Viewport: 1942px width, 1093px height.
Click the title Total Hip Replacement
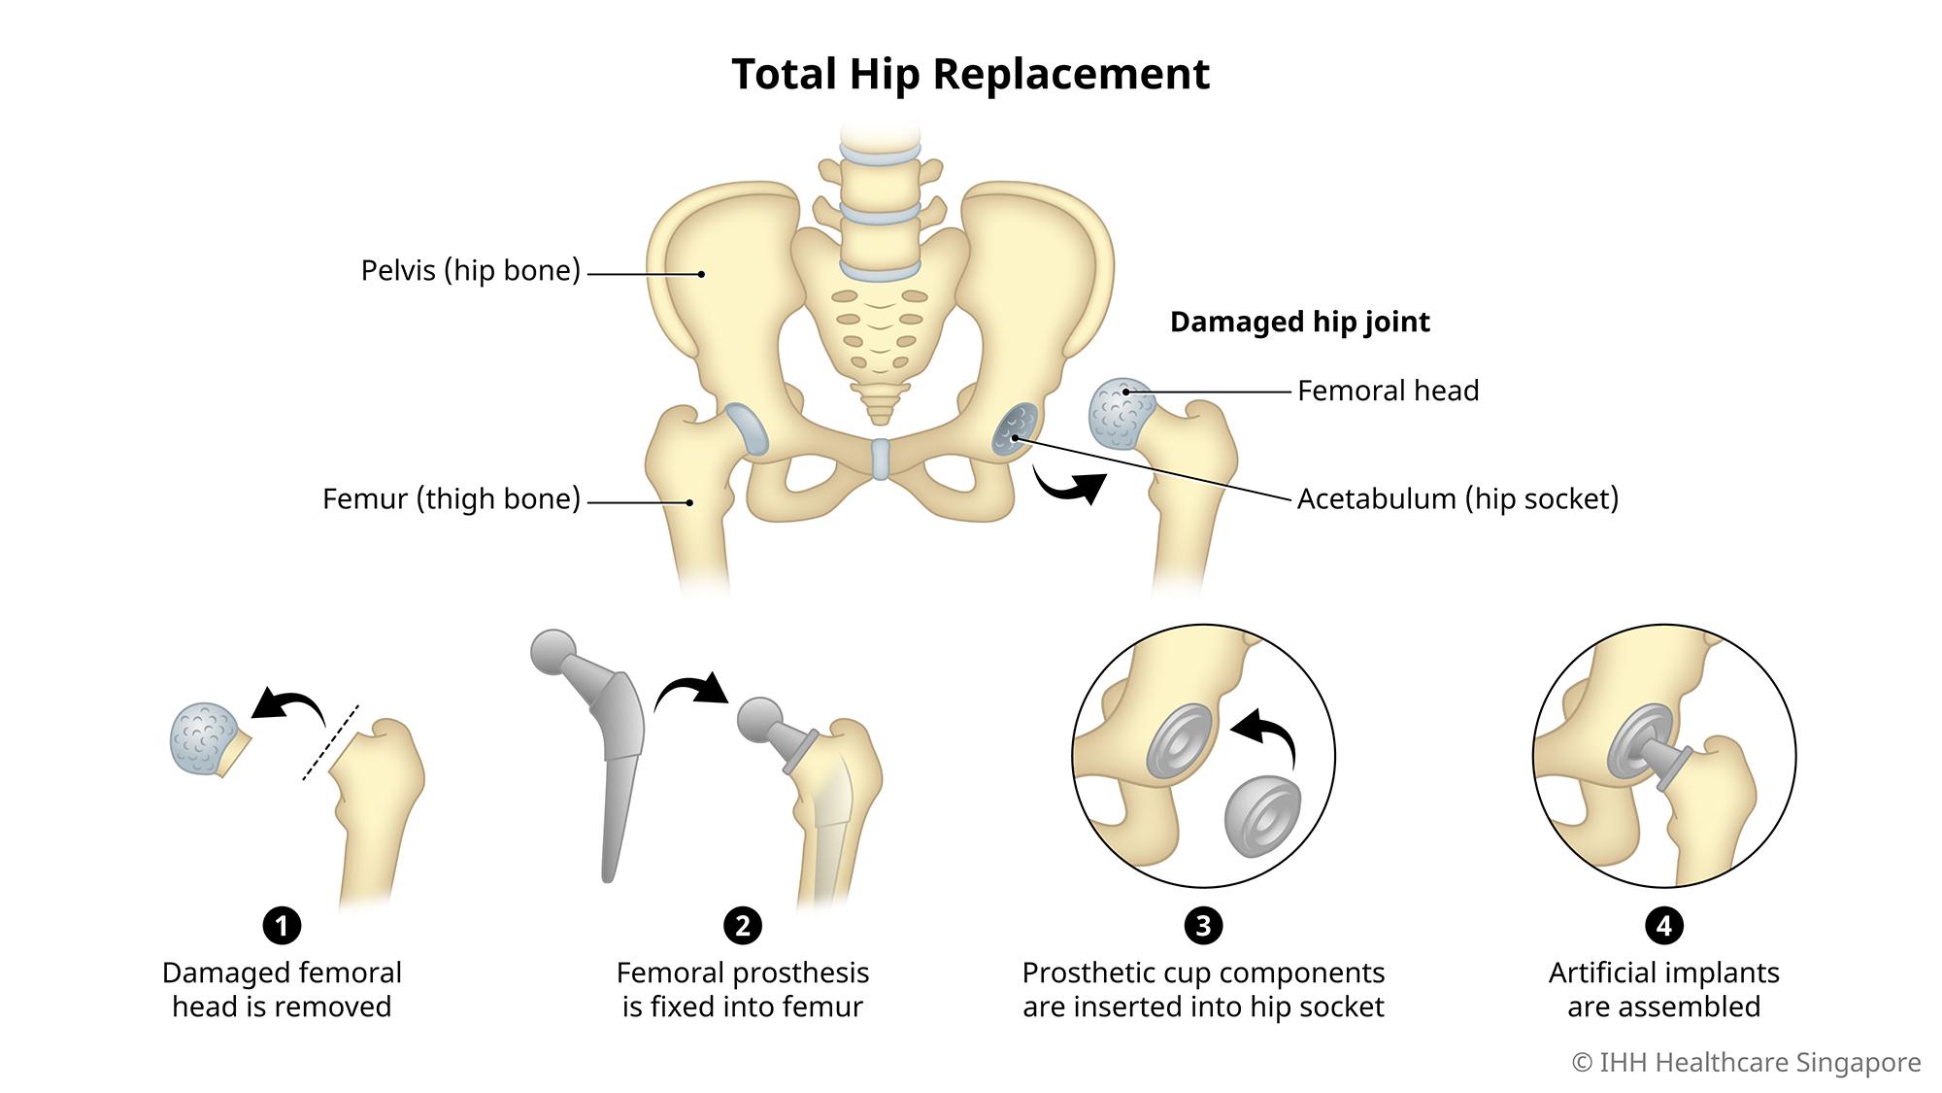coord(970,74)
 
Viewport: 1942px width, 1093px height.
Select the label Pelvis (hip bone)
coord(470,270)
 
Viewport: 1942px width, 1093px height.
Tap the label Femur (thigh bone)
coord(451,498)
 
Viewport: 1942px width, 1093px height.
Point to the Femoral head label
coord(1388,391)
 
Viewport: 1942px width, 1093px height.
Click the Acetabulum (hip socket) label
coord(1457,498)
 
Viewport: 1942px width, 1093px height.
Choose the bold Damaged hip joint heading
coord(1299,322)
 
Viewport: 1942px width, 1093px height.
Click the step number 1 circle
coord(282,925)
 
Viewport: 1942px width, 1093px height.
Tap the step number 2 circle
coord(743,925)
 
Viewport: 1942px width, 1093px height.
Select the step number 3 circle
coord(1203,925)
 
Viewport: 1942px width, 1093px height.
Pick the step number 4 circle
coord(1663,925)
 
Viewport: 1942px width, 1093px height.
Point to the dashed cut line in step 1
coord(330,742)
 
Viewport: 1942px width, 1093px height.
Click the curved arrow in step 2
coord(690,689)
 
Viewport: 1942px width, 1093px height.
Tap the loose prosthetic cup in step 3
coord(1261,815)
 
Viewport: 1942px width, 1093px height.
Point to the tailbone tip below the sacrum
coord(880,416)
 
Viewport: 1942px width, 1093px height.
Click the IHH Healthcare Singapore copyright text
coord(1746,1062)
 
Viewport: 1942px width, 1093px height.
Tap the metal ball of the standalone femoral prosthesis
coord(554,652)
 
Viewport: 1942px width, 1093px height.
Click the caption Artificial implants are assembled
coord(1663,989)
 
